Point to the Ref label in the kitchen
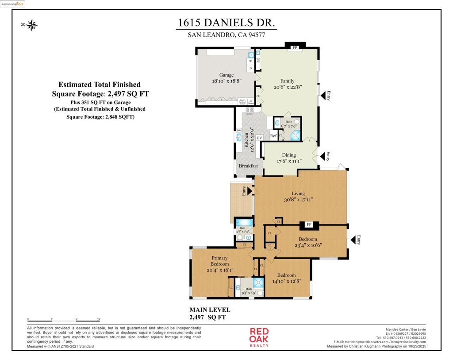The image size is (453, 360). coord(273,136)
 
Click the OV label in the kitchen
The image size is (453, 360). coord(260,138)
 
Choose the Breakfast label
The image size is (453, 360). coord(248,166)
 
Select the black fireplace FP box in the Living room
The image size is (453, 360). coord(309,225)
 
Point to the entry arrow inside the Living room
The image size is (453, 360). coord(249,191)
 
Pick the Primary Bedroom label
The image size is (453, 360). coord(220,261)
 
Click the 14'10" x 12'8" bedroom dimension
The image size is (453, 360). coord(286,282)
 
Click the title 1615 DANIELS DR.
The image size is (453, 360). coord(226,23)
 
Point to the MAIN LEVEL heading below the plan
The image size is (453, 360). coord(210,310)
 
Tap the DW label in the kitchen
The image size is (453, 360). coord(239,131)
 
